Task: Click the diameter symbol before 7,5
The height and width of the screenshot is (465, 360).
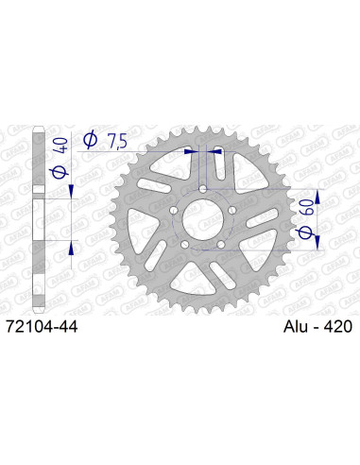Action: (92, 140)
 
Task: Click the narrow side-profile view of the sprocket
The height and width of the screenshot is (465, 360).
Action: (38, 217)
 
